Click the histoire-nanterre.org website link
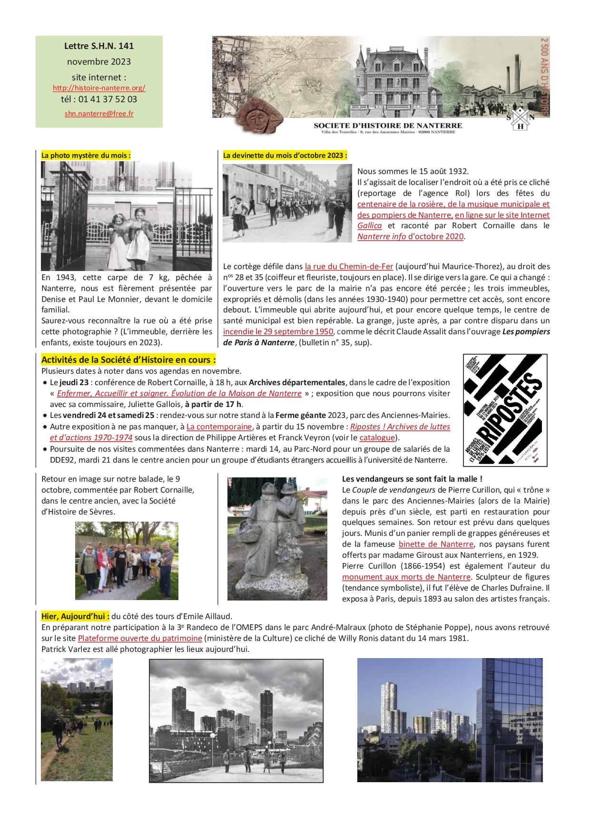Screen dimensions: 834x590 pos(99,88)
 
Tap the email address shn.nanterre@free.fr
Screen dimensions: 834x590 pos(99,114)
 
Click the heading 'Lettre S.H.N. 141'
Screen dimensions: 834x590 pos(99,46)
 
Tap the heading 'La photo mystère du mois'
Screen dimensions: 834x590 pos(86,155)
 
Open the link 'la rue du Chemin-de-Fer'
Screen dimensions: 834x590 pos(349,267)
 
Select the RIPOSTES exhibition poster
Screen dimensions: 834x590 pos(505,409)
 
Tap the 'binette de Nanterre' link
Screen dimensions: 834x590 pos(436,544)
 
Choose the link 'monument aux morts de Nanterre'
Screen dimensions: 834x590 pos(406,577)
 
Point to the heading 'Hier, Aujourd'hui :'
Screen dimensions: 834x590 pos(75,616)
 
